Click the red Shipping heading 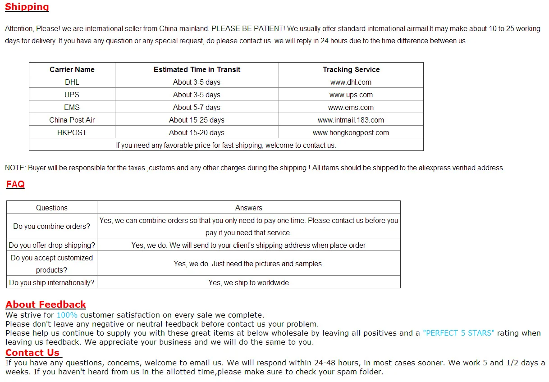pyautogui.click(x=27, y=7)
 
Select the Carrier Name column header pyautogui.click(x=72, y=69)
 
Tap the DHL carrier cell pyautogui.click(x=72, y=82)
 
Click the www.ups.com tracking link pyautogui.click(x=351, y=95)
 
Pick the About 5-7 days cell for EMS pyautogui.click(x=197, y=107)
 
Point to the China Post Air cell pyautogui.click(x=72, y=120)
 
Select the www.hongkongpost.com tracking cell pyautogui.click(x=351, y=132)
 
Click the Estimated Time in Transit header pyautogui.click(x=197, y=69)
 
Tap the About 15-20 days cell pyautogui.click(x=197, y=132)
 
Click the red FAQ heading pyautogui.click(x=15, y=184)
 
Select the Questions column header pyautogui.click(x=52, y=208)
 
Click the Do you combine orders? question pyautogui.click(x=52, y=226)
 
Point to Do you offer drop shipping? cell pyautogui.click(x=52, y=245)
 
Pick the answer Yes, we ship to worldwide pyautogui.click(x=248, y=282)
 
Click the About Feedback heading pyautogui.click(x=46, y=305)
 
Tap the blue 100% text pyautogui.click(x=67, y=315)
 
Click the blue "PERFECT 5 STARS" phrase pyautogui.click(x=458, y=333)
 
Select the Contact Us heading pyautogui.click(x=32, y=353)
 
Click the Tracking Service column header pyautogui.click(x=351, y=69)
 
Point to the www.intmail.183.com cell pyautogui.click(x=351, y=120)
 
